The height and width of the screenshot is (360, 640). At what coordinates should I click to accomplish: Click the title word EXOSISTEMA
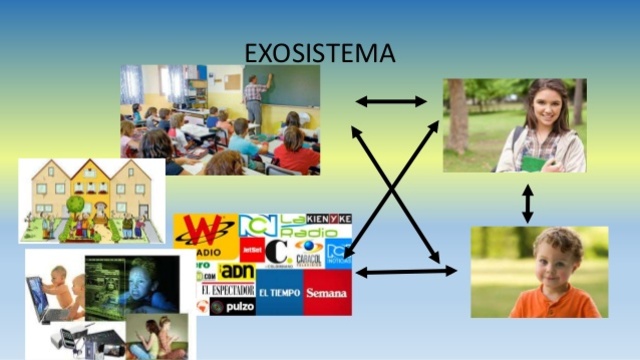click(320, 52)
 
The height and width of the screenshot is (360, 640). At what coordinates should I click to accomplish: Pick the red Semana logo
click(327, 293)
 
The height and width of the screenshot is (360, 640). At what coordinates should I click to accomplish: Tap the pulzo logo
click(231, 307)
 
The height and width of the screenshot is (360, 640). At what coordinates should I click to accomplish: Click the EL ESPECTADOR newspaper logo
click(227, 290)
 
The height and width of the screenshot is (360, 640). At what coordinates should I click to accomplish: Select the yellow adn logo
click(237, 271)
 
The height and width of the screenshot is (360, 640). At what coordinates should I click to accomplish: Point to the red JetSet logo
click(251, 247)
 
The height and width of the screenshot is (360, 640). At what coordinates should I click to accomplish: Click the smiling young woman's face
click(547, 105)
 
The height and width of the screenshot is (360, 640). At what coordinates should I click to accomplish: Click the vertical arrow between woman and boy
click(527, 203)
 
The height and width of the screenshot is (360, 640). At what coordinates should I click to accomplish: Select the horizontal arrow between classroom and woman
click(391, 101)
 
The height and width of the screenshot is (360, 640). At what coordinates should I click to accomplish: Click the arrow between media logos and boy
click(405, 271)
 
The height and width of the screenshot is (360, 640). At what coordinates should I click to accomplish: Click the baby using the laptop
click(60, 291)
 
